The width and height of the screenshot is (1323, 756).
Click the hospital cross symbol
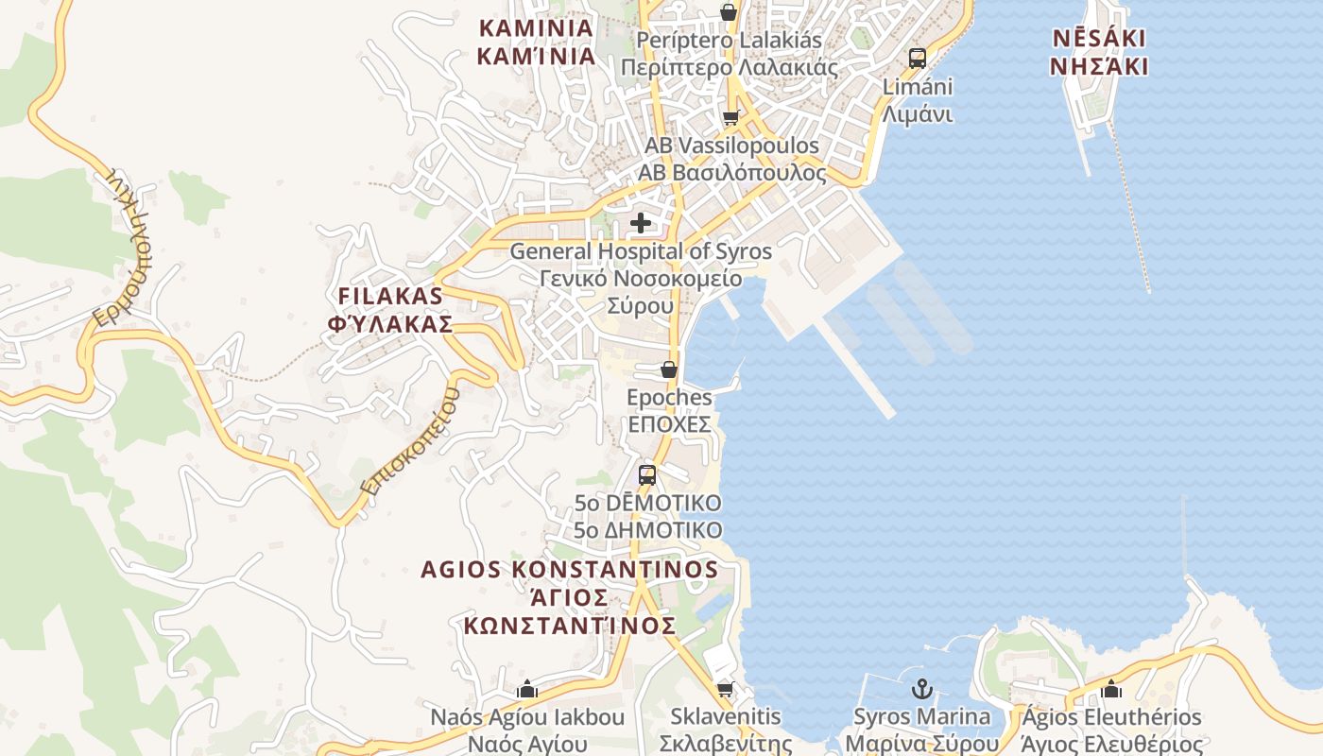[641, 223]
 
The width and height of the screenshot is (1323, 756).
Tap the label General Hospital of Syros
[641, 252]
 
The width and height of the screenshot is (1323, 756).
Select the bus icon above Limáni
[917, 58]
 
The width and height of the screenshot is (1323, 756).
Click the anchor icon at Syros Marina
[921, 688]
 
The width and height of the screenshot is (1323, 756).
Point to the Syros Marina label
[921, 717]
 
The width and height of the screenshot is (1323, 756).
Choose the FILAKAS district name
[389, 296]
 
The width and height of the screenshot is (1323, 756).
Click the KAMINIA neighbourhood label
[536, 28]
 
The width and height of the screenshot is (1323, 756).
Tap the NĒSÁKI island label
[1099, 39]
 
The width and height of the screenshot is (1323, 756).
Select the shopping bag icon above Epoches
[669, 369]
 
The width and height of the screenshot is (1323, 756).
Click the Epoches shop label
[669, 398]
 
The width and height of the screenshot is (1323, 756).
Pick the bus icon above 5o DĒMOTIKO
[647, 474]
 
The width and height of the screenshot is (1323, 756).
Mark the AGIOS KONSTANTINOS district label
[570, 570]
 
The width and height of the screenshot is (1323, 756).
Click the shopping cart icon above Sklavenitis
[725, 688]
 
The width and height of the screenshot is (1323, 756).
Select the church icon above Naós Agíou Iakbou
[527, 688]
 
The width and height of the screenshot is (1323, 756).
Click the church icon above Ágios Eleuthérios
[1111, 688]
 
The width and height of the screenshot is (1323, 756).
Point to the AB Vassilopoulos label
[731, 146]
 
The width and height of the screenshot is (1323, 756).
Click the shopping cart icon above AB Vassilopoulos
[730, 118]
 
